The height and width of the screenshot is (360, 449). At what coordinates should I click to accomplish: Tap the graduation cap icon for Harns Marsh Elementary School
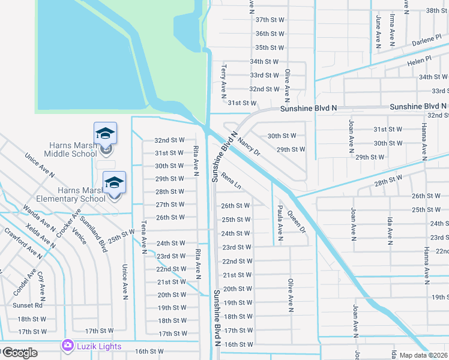click(x=114, y=183)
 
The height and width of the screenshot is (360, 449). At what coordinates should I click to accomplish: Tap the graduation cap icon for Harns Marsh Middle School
click(x=105, y=134)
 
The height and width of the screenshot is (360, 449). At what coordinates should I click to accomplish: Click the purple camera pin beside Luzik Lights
click(x=67, y=346)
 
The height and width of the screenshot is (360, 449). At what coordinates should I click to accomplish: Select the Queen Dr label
click(x=297, y=221)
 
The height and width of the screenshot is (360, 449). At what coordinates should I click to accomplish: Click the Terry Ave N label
click(x=223, y=82)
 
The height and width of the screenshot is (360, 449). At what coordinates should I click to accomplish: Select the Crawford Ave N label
click(x=23, y=242)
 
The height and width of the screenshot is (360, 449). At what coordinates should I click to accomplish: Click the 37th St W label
click(x=269, y=20)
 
